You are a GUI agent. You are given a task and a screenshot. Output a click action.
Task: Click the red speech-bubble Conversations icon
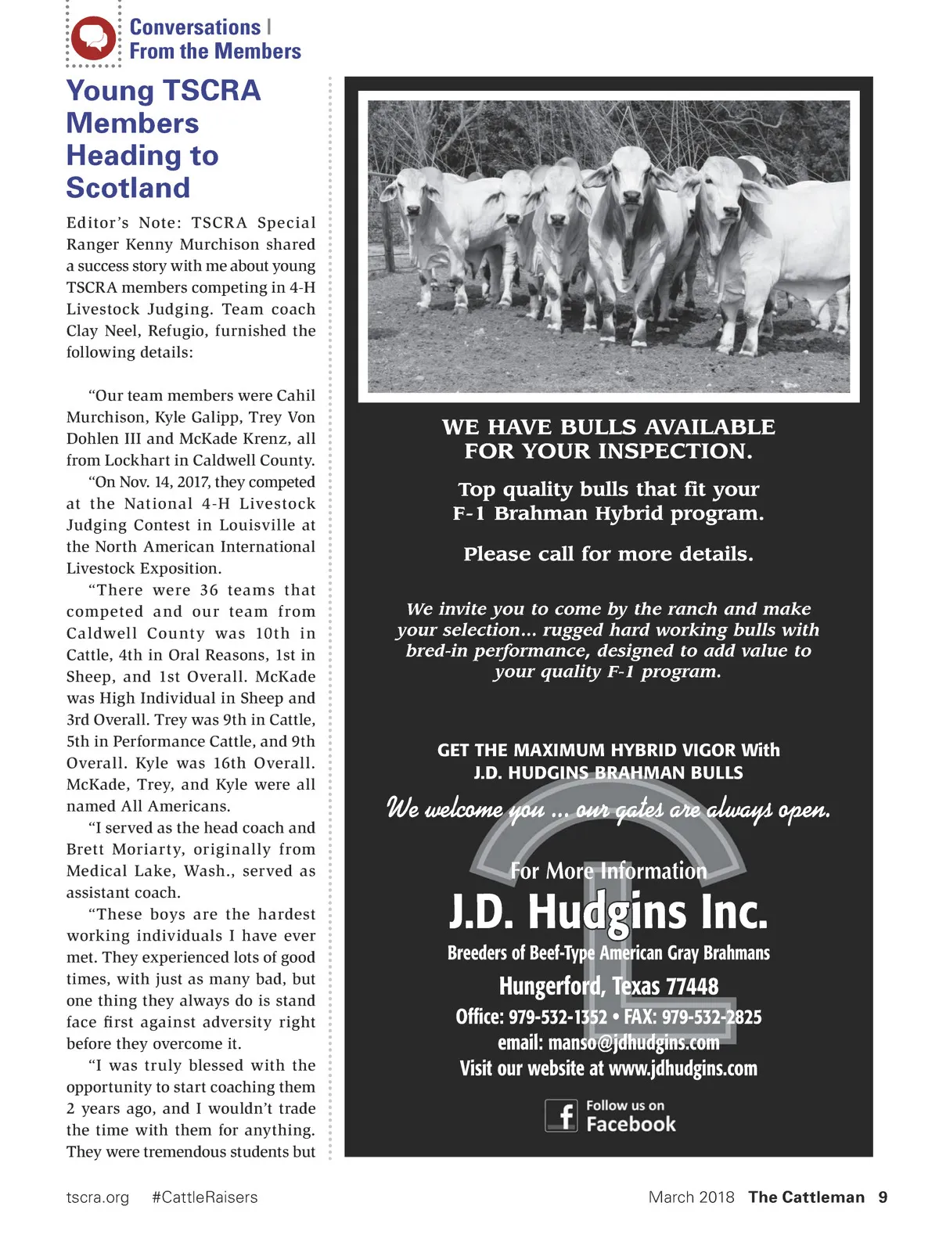93,38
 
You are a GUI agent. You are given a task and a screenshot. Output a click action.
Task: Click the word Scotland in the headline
128,188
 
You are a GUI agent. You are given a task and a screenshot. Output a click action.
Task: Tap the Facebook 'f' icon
561,1115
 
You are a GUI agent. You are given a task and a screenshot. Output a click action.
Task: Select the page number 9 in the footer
883,1197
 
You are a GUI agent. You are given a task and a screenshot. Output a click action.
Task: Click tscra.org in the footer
98,1197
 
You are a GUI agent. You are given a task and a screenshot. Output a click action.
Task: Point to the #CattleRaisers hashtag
204,1197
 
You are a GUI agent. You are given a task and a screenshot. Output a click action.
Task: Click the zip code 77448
692,986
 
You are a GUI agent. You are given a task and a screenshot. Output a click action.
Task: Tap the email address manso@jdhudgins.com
634,1042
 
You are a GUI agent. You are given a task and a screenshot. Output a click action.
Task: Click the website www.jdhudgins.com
683,1068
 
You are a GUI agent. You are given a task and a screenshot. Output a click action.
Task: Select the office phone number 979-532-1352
558,1017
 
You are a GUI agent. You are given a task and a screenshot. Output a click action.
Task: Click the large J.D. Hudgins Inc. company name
608,913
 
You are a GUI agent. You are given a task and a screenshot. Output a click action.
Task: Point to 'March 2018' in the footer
691,1197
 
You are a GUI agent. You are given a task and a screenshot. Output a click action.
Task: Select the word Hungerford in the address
551,986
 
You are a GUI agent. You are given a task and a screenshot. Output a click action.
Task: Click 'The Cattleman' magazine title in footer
806,1197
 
